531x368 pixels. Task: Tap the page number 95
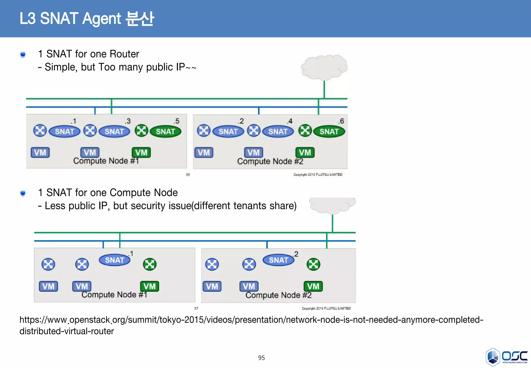[261, 358]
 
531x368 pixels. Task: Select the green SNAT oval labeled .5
[165, 132]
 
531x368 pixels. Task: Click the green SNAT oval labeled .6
[329, 132]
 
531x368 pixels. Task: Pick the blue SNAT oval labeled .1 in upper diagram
[64, 132]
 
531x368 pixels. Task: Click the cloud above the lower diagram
[332, 205]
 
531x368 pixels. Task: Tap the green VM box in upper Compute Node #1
[141, 152]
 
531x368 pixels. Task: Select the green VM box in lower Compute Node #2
[313, 286]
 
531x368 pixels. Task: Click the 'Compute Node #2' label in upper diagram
[270, 161]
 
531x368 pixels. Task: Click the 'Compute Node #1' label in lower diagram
[114, 295]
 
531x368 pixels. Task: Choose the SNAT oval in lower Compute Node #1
[114, 260]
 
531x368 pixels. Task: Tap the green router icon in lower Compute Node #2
[313, 264]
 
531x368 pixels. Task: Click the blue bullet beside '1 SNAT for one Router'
[23, 54]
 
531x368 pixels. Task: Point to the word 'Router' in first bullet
[124, 54]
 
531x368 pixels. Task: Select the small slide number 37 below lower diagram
[196, 308]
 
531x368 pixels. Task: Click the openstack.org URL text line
[251, 320]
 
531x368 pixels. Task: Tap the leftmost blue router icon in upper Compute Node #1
[40, 131]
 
